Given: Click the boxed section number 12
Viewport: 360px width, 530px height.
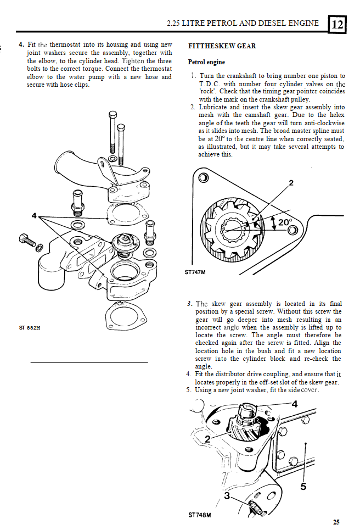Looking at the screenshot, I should [337, 24].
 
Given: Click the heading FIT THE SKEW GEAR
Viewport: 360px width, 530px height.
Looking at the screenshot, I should [222, 46].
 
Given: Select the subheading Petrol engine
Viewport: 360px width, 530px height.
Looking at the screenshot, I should [206, 63].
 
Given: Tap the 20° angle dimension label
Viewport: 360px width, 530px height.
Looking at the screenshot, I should [285, 222].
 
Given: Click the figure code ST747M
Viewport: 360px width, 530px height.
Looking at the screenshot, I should [195, 271].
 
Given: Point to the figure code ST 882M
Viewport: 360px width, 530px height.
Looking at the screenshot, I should [30, 328].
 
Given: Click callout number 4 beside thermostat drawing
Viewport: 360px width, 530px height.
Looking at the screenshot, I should [33, 215].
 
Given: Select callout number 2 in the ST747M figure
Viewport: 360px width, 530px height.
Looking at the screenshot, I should [291, 183].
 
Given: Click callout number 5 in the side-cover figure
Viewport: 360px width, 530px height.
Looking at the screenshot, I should [303, 486].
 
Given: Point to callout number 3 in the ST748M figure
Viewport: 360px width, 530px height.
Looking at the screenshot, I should [228, 495].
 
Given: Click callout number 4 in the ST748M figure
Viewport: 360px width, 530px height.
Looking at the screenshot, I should [294, 404].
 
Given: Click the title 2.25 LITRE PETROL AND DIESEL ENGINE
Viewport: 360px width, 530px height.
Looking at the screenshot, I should [242, 24].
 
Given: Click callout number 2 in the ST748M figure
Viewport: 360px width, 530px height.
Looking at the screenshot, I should [207, 439].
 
